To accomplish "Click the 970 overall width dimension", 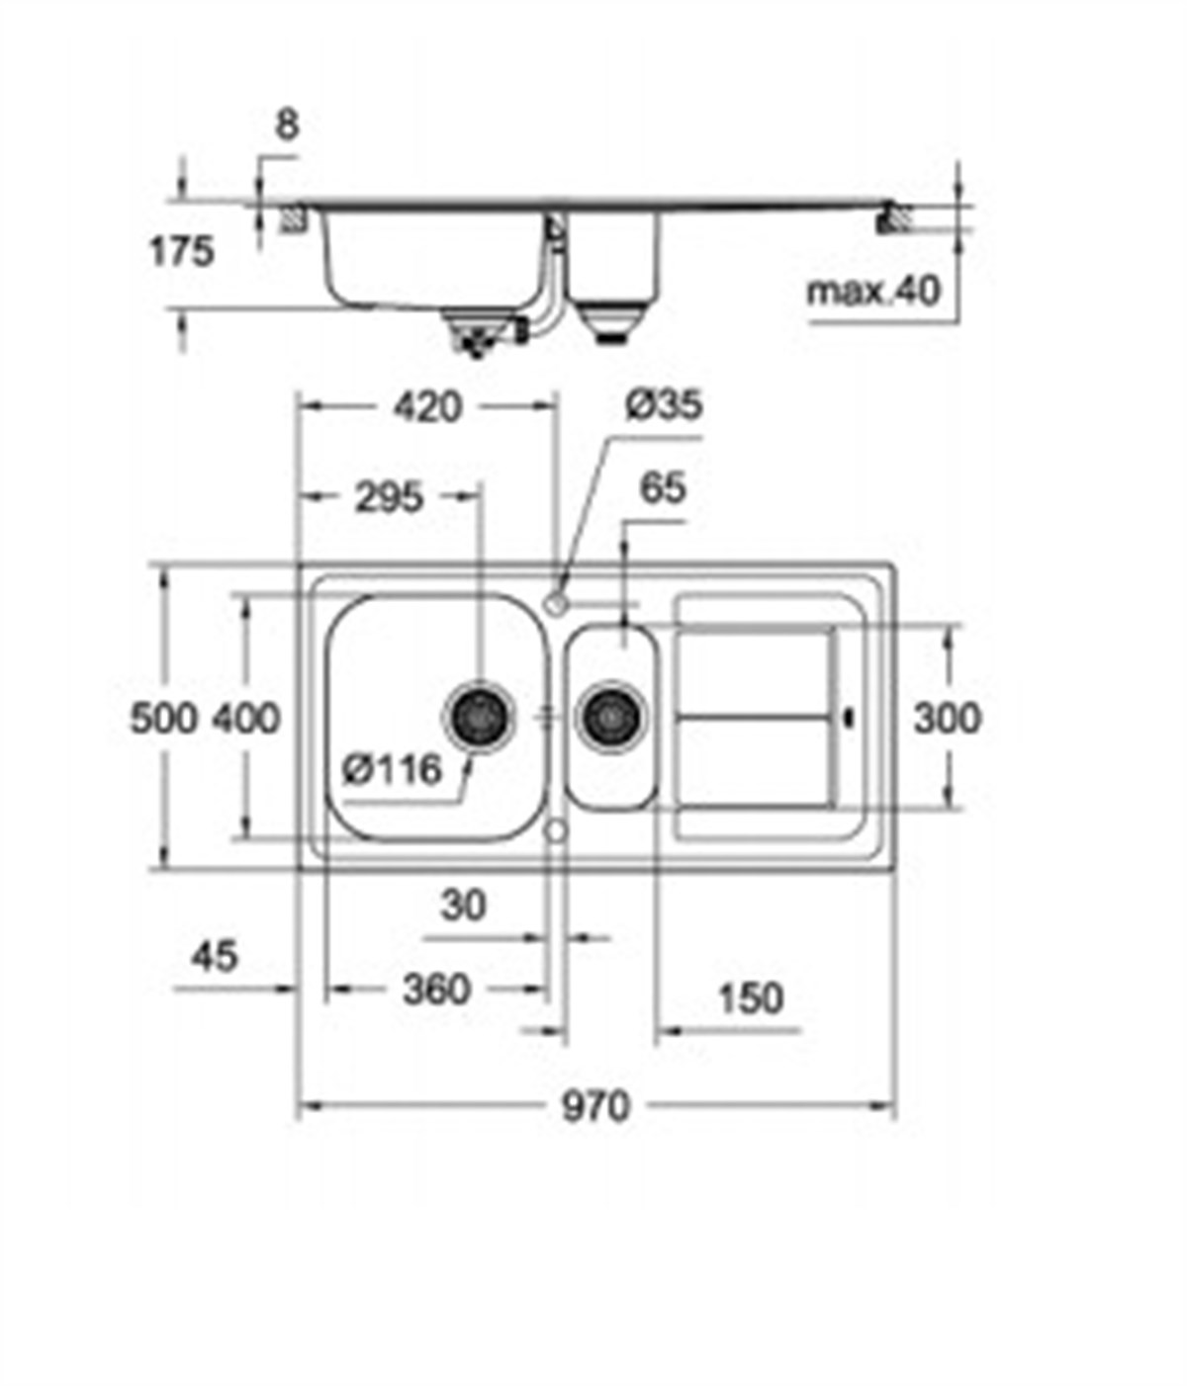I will [x=595, y=1106].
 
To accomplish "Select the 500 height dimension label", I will [x=164, y=719].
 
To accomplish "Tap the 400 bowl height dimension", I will [x=246, y=719].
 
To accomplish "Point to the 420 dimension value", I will [x=427, y=406].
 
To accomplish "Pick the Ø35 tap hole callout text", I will [x=664, y=404].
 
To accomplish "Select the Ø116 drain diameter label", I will [x=392, y=768].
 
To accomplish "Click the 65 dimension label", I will [x=662, y=487].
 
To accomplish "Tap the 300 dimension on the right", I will [x=947, y=719].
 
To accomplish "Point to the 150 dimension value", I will [x=750, y=998].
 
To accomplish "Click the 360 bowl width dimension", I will [x=436, y=989].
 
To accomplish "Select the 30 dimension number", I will [x=463, y=905].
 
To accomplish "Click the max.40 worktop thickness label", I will [x=873, y=292].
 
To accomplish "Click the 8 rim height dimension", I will [x=286, y=126].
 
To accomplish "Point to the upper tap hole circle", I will [x=556, y=600].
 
